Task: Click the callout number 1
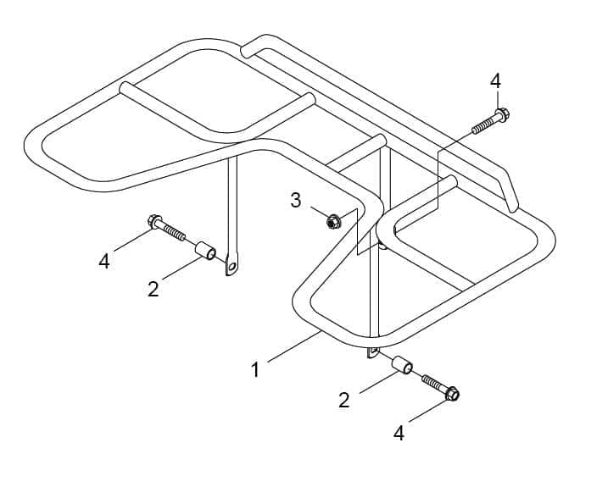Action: click(254, 369)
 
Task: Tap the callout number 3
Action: click(295, 200)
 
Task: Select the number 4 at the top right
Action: click(495, 82)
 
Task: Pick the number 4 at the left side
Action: click(104, 261)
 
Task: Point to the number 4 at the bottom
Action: click(399, 433)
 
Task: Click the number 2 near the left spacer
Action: click(153, 289)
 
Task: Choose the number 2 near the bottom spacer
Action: click(344, 400)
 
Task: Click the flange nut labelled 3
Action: click(332, 222)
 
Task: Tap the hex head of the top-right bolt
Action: click(502, 115)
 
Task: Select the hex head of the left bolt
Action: click(154, 222)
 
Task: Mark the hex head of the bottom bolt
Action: click(452, 394)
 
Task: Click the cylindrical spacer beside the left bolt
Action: click(205, 250)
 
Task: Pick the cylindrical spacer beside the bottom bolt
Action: click(402, 366)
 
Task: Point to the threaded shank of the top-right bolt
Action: click(483, 125)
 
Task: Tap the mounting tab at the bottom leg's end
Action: click(372, 353)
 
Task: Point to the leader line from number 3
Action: click(321, 213)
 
